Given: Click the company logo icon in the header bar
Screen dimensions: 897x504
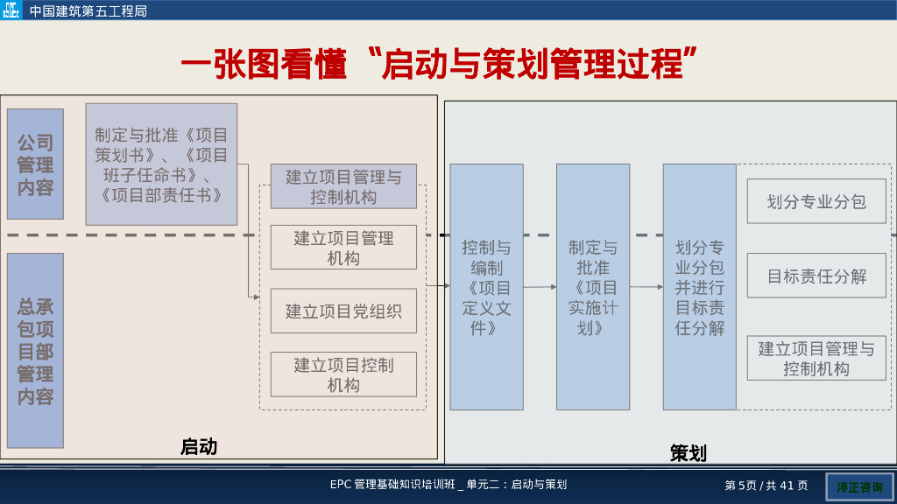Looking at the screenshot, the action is coord(11,10).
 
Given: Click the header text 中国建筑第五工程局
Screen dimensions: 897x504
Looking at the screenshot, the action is coord(88,11).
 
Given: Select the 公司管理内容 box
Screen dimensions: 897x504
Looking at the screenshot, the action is coord(35,164).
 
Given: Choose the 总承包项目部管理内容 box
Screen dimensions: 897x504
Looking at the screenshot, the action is coord(35,350).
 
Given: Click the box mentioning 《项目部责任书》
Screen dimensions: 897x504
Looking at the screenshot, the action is coord(161,164).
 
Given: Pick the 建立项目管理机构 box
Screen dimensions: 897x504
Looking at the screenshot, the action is coord(343,248).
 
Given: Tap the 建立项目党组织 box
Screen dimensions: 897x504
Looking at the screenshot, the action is coord(343,311).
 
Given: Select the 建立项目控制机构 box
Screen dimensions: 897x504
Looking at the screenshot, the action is coord(343,374).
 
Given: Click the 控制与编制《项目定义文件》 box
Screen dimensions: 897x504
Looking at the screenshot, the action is coord(486,287).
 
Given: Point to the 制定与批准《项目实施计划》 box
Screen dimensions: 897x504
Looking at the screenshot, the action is coord(593,287).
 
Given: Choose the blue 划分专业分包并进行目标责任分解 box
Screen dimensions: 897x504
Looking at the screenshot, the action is coord(699,287).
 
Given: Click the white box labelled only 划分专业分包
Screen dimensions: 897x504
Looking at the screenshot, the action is coord(816,201).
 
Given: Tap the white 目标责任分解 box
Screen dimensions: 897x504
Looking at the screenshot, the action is coord(816,276).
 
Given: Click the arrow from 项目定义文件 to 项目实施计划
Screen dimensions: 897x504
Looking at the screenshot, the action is coord(540,287).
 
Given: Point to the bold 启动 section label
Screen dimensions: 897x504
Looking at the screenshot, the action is coord(199,446).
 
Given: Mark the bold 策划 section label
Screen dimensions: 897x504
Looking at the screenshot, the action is coord(688,452).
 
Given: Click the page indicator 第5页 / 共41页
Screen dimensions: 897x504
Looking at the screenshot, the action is coord(766,485).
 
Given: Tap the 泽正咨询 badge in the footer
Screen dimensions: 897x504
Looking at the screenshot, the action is coord(859,486).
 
